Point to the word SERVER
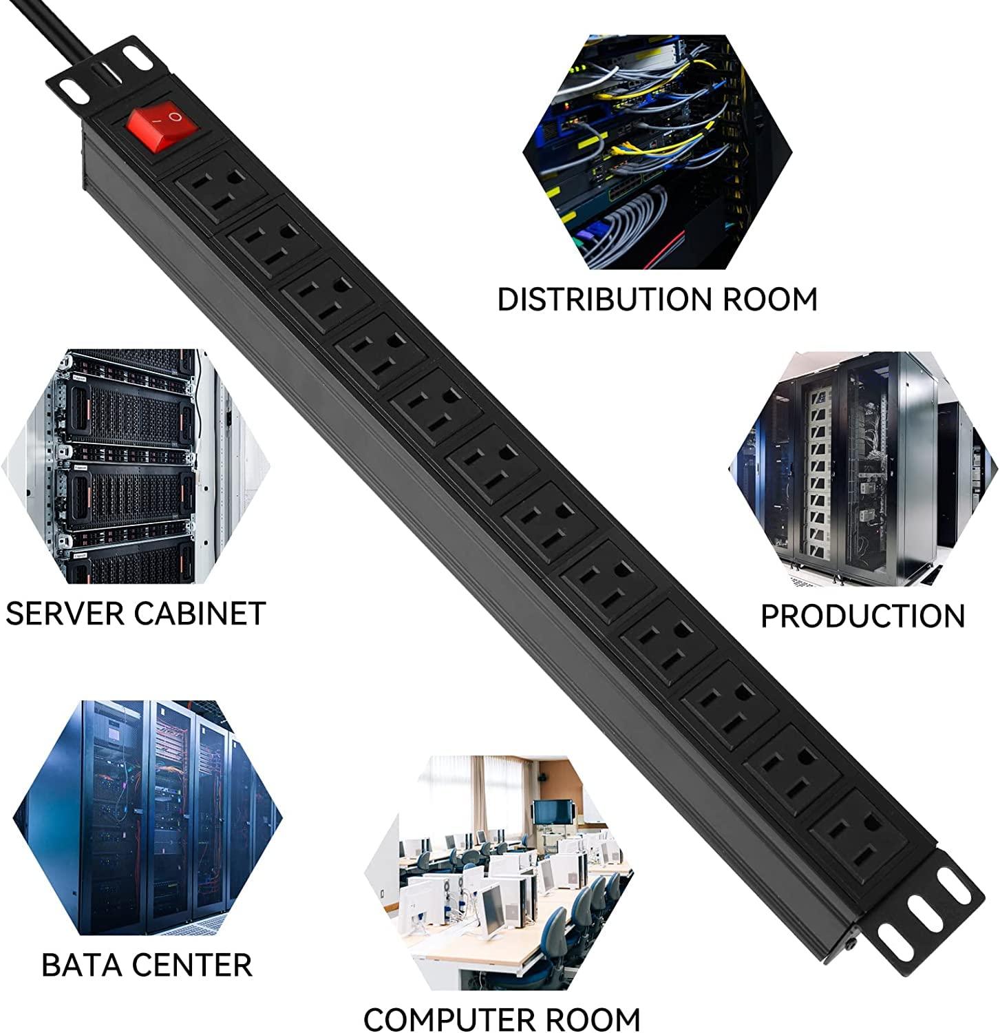pos(65,613)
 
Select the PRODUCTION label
pos(862,616)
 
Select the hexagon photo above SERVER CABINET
pos(124,468)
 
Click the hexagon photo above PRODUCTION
pos(860,468)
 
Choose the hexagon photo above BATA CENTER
pos(148,820)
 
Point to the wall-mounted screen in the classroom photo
pos(554,811)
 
